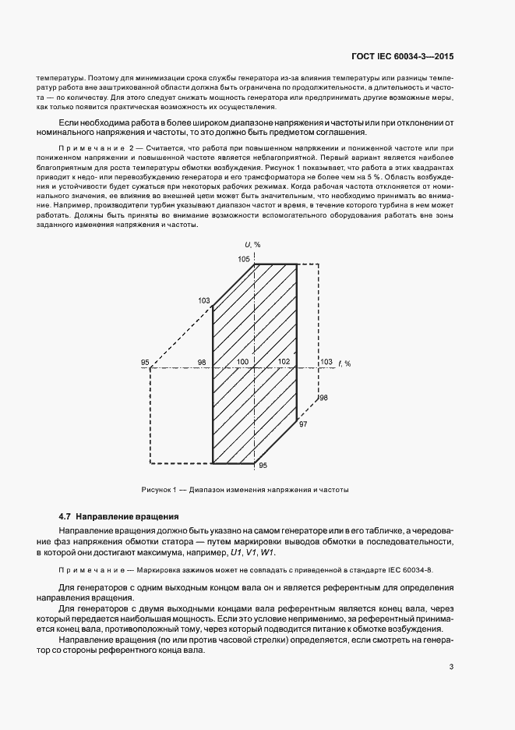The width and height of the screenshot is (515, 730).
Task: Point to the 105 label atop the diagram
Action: [244, 258]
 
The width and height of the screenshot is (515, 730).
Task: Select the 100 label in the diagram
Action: [243, 362]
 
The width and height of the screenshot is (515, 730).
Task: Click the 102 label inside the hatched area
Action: [283, 362]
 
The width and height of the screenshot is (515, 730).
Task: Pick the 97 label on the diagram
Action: [303, 423]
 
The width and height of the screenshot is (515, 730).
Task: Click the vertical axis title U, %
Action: [252, 245]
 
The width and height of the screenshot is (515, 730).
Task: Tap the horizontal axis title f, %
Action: [344, 363]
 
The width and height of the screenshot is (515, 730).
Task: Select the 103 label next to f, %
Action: [326, 362]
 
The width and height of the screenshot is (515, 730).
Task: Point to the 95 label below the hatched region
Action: [263, 466]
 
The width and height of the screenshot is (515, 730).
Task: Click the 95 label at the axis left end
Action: [145, 362]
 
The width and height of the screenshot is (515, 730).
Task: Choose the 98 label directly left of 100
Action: [202, 362]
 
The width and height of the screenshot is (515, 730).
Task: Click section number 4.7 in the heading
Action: [65, 516]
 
